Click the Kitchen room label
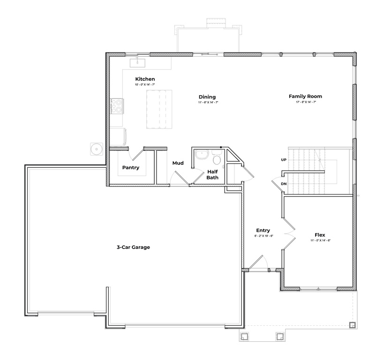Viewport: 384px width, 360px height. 145,79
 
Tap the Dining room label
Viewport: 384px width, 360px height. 207,97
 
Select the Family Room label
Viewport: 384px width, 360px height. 305,96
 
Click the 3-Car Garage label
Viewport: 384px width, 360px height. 133,247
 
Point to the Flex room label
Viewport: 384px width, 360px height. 320,235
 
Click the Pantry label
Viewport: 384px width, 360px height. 130,167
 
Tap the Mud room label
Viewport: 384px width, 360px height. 178,163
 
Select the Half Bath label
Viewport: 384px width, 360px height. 212,174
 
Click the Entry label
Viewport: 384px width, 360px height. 263,230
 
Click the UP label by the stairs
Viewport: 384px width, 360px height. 284,160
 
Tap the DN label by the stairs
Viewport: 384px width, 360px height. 284,184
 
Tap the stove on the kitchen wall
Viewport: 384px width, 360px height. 116,106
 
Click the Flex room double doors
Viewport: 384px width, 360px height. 290,233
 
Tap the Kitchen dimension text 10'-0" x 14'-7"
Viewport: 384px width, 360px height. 145,85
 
